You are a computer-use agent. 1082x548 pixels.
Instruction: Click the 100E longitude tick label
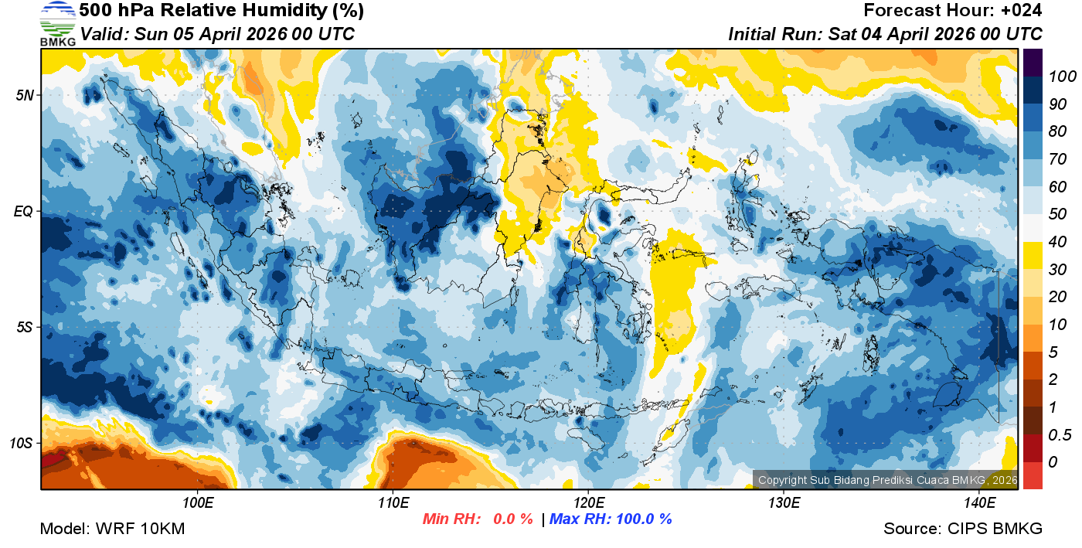pos(198,502)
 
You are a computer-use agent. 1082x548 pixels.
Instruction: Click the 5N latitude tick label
pos(24,95)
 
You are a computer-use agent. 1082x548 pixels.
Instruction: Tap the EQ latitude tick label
pos(23,211)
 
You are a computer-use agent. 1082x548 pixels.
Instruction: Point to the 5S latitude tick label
pos(24,327)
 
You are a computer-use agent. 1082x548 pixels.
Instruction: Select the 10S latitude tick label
pos(21,443)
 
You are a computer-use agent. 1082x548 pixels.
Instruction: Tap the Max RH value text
pos(611,519)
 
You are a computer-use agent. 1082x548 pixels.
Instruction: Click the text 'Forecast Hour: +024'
pos(953,11)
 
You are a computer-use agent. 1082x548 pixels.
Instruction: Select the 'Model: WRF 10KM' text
pos(112,529)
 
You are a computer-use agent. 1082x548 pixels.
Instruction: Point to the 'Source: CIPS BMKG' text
pos(963,529)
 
